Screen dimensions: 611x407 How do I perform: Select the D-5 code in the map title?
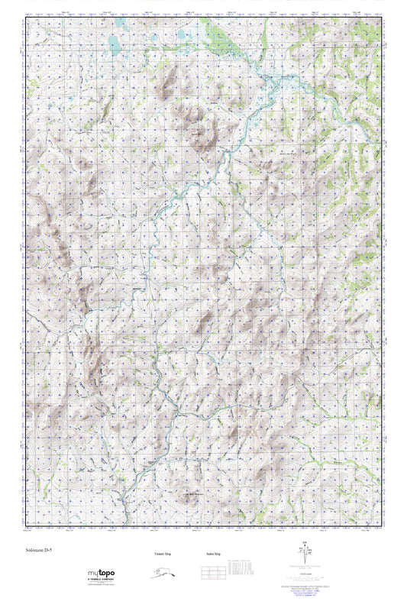(48, 548)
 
